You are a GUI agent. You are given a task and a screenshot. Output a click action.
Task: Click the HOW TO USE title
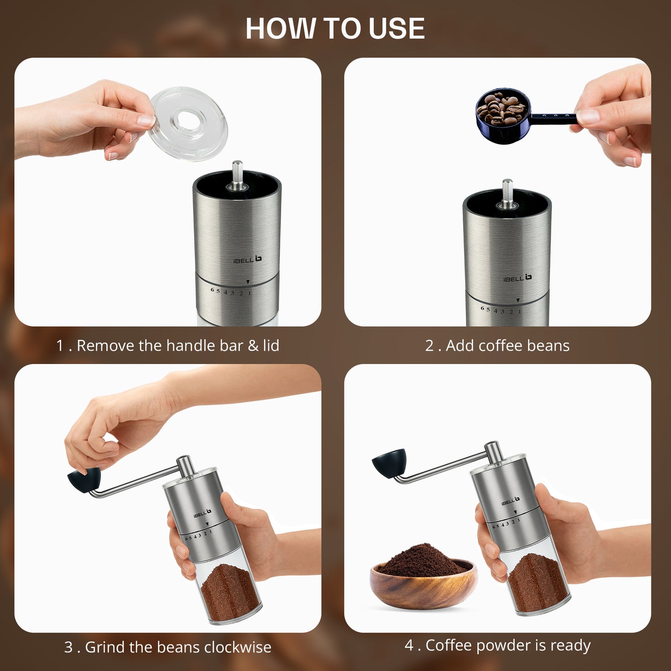(335, 29)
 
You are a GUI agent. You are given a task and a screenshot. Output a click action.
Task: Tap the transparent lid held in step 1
(188, 123)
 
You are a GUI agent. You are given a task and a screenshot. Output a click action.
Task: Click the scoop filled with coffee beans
(502, 114)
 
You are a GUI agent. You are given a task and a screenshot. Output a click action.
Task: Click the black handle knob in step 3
(84, 479)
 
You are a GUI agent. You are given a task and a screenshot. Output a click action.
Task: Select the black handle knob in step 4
(389, 463)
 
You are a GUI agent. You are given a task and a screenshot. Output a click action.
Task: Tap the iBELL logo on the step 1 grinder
(247, 260)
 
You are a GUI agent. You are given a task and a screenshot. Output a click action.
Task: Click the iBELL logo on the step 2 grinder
(517, 278)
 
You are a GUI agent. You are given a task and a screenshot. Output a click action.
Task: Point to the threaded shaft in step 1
(237, 174)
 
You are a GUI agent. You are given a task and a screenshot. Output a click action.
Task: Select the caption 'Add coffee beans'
(497, 345)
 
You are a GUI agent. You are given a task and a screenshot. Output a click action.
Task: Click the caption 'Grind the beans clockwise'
(168, 647)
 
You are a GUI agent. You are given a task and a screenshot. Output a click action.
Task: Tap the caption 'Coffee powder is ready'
(497, 645)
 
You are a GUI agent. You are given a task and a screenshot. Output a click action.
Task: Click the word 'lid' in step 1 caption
(271, 345)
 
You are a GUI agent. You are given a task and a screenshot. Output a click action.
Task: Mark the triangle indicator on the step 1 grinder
(248, 282)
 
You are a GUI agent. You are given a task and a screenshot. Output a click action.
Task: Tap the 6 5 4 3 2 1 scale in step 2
(501, 310)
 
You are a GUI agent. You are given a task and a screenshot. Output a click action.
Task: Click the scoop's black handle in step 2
(553, 117)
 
